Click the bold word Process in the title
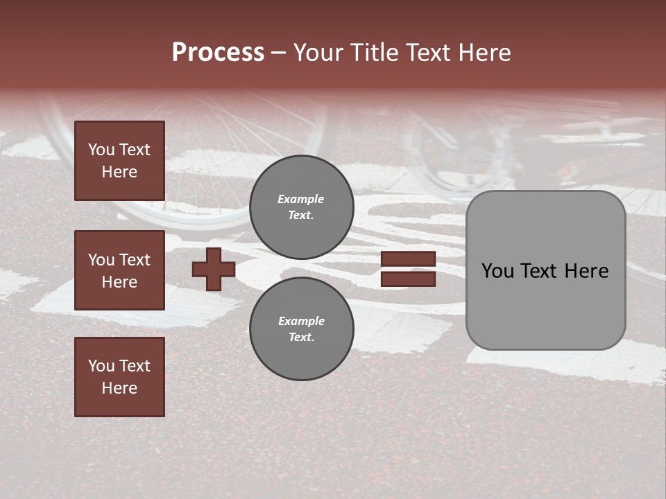[x=218, y=52]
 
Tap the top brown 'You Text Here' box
[x=119, y=161]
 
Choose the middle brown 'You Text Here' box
[x=119, y=270]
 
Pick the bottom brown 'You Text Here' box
[x=119, y=376]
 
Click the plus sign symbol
[x=214, y=269]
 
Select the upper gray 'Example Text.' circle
[x=301, y=207]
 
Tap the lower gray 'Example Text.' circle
[x=301, y=329]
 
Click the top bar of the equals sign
[x=408, y=259]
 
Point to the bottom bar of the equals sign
[x=408, y=279]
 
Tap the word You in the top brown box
[x=101, y=150]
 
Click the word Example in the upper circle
[x=301, y=199]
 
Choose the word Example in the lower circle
[x=301, y=321]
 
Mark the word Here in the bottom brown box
[x=119, y=388]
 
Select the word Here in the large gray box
[x=587, y=271]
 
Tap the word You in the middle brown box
[x=101, y=260]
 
